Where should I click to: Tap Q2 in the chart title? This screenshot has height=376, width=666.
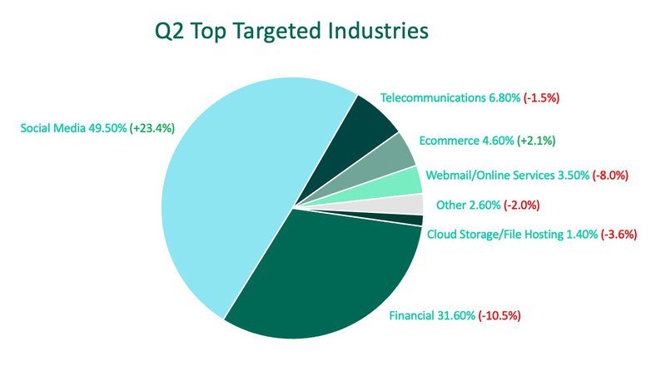172,32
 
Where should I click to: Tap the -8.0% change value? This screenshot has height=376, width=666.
610,176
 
